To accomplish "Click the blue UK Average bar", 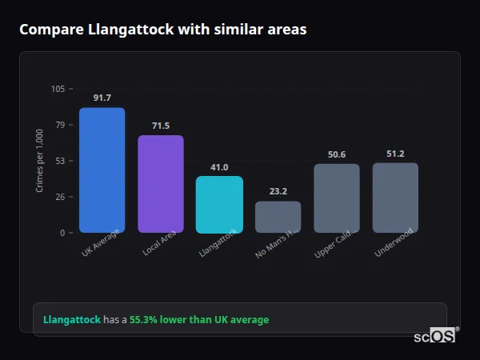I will click(102, 170).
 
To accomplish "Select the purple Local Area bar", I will click(161, 184).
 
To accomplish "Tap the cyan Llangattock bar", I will click(219, 205).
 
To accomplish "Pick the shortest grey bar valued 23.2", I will click(278, 217).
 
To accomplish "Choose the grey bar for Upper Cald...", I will click(337, 198).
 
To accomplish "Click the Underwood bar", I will click(395, 198).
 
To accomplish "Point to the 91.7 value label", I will click(102, 98).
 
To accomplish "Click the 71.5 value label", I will click(161, 126).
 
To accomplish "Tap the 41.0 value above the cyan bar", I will click(219, 167).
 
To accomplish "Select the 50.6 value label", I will click(337, 154).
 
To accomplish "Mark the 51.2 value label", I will click(395, 154).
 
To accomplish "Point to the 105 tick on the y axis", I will click(58, 89).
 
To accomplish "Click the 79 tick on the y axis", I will click(60, 125).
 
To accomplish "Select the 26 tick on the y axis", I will click(60, 197).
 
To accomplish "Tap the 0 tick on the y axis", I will click(62, 233).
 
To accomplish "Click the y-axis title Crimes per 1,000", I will click(40, 161).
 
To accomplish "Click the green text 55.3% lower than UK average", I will click(199, 319).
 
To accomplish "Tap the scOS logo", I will click(434, 336).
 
